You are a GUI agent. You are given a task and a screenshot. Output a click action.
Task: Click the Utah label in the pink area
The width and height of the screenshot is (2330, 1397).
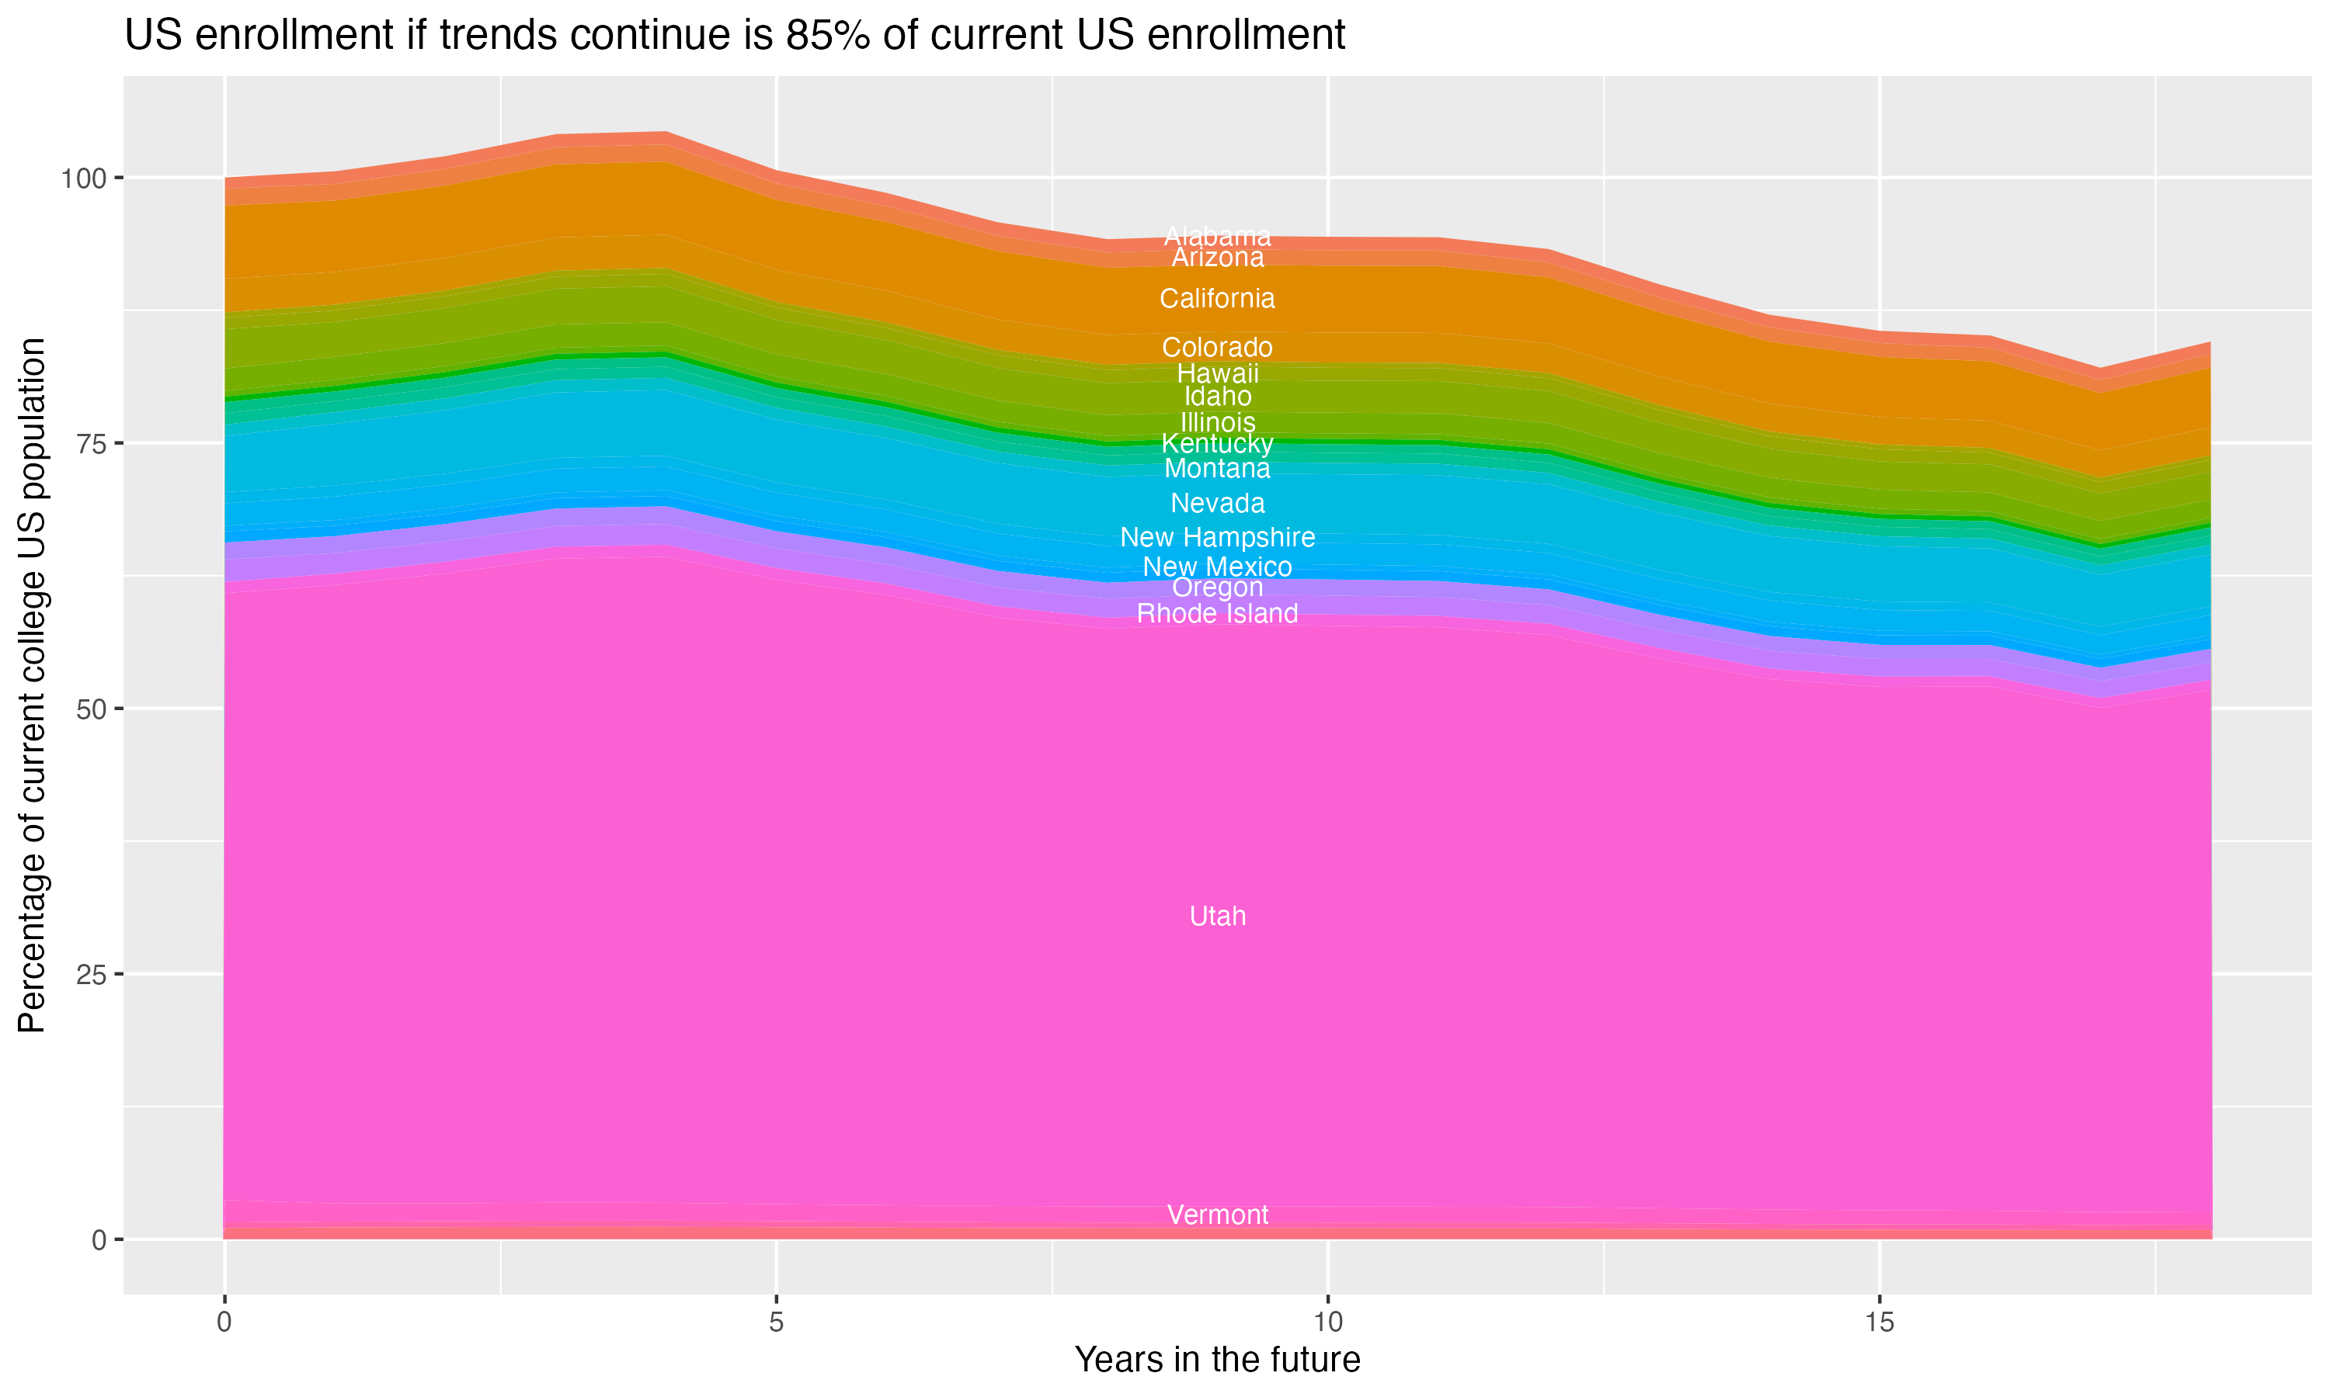[1217, 916]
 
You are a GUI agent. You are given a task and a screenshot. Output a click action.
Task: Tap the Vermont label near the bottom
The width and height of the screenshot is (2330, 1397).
[1217, 1215]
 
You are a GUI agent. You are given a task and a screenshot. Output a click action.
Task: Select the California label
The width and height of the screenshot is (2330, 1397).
[1217, 299]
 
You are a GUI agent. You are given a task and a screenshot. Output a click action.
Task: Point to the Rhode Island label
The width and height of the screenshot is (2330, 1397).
[1217, 614]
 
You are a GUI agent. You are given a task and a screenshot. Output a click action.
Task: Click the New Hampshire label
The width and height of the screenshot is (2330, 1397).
[1217, 538]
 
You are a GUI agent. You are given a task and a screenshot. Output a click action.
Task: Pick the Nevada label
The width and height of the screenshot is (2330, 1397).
[1217, 504]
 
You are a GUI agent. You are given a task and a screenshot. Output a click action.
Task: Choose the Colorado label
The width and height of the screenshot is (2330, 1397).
[1217, 348]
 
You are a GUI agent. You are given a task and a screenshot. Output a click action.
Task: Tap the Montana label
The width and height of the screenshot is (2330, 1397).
[1217, 469]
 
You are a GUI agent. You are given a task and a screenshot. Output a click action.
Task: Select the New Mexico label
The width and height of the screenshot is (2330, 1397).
[1217, 567]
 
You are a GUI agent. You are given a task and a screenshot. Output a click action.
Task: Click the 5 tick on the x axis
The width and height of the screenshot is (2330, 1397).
[776, 1322]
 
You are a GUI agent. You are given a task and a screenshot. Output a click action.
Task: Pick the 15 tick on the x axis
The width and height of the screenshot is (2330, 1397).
[1879, 1322]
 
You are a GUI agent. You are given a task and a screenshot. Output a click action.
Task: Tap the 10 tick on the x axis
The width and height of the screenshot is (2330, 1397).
[1327, 1322]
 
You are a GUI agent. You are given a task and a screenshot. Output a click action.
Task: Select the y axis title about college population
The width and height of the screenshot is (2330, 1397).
[32, 685]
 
